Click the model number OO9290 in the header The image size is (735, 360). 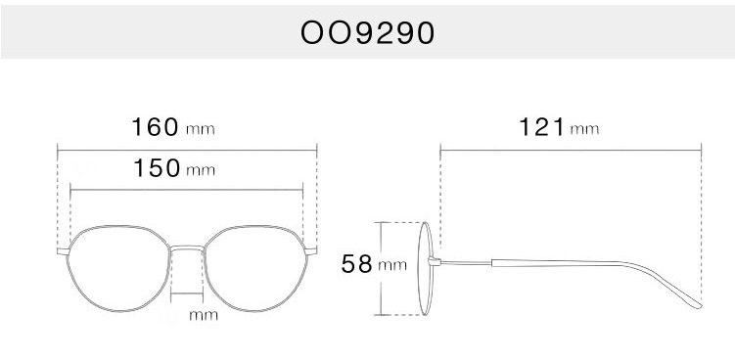tap(368, 33)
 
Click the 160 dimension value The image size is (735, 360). tap(156, 127)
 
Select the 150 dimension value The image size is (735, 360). tap(157, 168)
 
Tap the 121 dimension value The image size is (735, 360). tap(542, 127)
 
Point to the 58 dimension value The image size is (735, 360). tap(356, 264)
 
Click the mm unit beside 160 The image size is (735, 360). tap(201, 129)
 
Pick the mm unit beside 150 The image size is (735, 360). tap(201, 170)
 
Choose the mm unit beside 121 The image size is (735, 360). tap(584, 129)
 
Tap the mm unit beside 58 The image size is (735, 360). tap(392, 266)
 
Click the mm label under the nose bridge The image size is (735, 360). tap(204, 315)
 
